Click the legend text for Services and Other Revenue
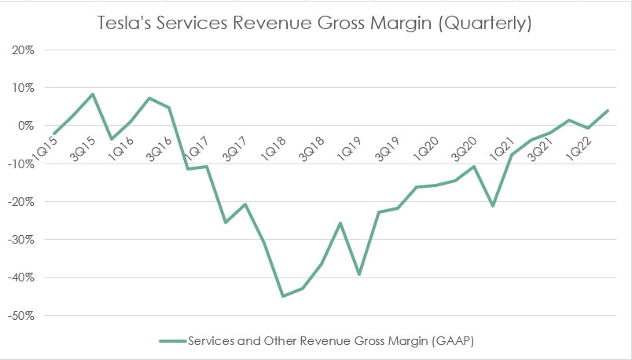pyautogui.click(x=331, y=341)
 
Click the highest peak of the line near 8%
pyautogui.click(x=93, y=94)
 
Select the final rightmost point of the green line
pyautogui.click(x=608, y=111)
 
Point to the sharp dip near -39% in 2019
pyautogui.click(x=359, y=274)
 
